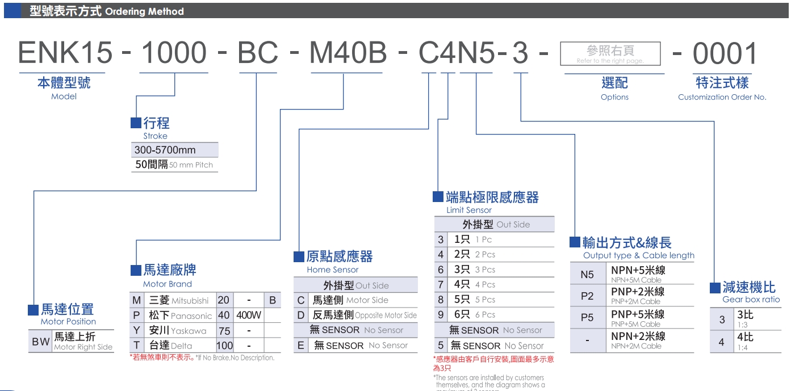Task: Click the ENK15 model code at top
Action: click(65, 53)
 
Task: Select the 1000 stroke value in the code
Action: click(174, 53)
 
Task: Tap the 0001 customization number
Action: click(725, 54)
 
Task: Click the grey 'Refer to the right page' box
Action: click(610, 54)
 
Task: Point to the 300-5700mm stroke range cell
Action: click(174, 150)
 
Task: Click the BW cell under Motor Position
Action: click(40, 342)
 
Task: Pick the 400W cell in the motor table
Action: click(249, 316)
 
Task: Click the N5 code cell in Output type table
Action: click(587, 275)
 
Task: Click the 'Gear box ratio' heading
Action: click(751, 300)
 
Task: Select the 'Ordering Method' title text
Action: click(144, 11)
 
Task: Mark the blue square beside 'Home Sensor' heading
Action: click(299, 257)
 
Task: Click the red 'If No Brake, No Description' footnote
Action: click(202, 358)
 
